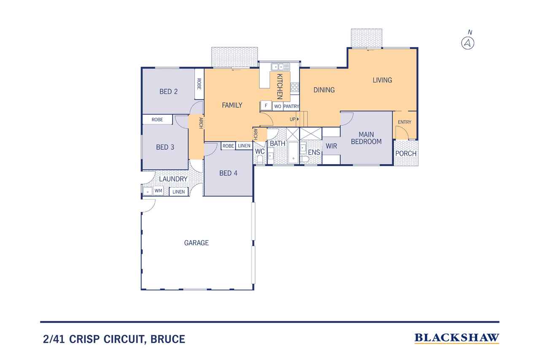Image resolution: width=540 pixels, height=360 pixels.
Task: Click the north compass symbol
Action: [x=468, y=43]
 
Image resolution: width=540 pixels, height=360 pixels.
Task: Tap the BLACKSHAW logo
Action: [x=457, y=338]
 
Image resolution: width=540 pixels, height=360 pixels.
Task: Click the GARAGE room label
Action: [x=196, y=243]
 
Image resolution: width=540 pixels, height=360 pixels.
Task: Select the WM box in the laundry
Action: [x=158, y=191]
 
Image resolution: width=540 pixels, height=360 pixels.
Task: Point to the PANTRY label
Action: [x=291, y=106]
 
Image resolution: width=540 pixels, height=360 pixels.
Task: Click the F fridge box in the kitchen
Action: [x=266, y=106]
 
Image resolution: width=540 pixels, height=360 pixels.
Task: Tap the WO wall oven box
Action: [x=278, y=106]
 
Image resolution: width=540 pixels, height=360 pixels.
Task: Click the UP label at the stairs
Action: [x=292, y=119]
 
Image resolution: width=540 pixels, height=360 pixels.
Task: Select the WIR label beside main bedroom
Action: [x=331, y=146]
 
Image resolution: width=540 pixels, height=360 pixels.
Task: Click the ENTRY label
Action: [x=404, y=122]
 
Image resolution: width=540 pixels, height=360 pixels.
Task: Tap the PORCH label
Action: [x=406, y=153]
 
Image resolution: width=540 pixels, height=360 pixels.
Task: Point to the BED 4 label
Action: [x=228, y=173]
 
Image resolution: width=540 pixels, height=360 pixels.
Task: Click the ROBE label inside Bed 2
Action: [x=199, y=84]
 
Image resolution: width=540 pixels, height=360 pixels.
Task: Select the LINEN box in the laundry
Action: [x=179, y=192]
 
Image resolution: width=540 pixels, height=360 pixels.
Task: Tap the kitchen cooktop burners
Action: [x=295, y=87]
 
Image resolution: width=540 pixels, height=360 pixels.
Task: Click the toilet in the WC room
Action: [x=260, y=160]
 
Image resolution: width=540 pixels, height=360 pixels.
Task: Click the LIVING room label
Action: [x=382, y=80]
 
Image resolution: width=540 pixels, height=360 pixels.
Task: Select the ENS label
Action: [x=313, y=152]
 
